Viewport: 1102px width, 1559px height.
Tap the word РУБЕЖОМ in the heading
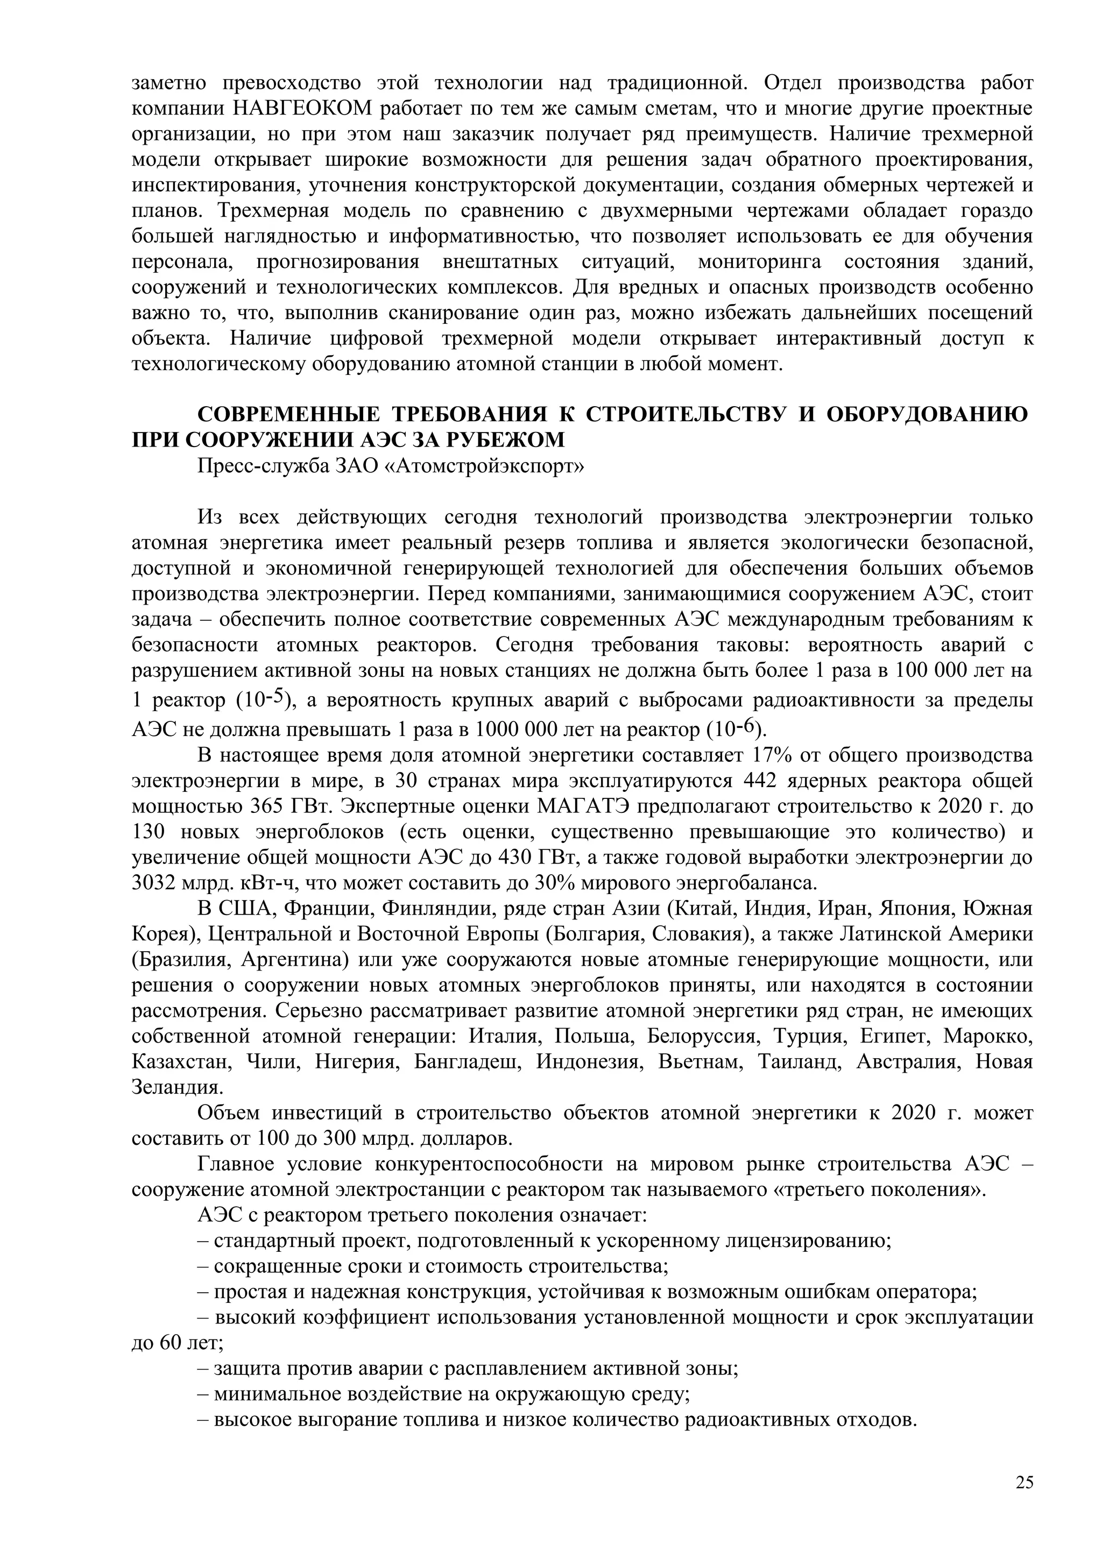[506, 440]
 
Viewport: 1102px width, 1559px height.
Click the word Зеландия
[176, 1087]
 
